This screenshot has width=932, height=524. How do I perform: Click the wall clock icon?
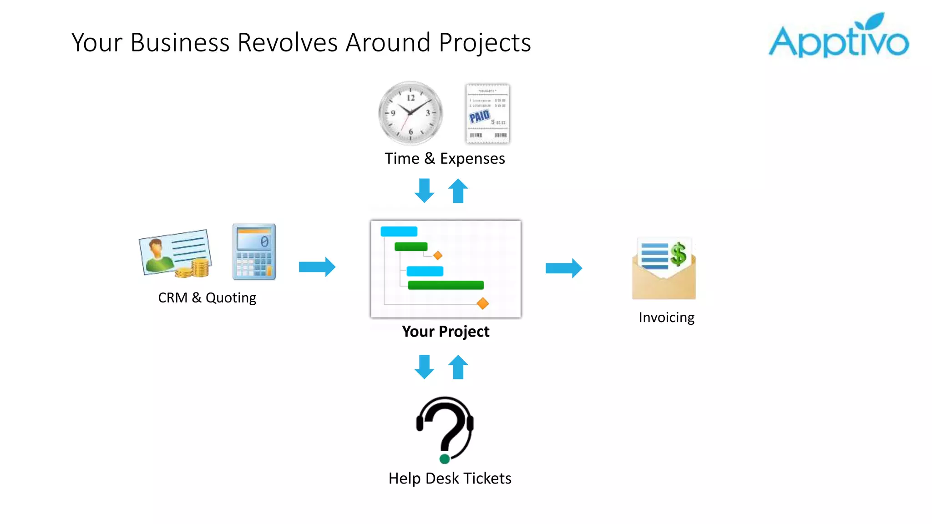click(410, 113)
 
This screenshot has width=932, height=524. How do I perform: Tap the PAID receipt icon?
click(487, 114)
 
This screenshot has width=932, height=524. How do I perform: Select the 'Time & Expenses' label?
click(445, 158)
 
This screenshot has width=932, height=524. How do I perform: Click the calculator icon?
click(254, 252)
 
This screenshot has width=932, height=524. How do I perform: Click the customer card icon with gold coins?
click(175, 253)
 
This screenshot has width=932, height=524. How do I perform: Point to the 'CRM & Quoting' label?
click(207, 297)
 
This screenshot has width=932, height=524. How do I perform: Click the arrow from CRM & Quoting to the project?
click(317, 267)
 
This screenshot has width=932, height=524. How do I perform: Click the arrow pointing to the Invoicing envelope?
click(563, 268)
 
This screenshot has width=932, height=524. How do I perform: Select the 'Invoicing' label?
click(666, 317)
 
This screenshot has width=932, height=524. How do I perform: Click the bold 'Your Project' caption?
click(446, 331)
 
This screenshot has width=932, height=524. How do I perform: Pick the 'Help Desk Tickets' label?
click(450, 478)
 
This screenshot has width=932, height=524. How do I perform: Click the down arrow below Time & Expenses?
click(424, 190)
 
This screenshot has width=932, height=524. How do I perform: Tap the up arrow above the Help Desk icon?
click(458, 367)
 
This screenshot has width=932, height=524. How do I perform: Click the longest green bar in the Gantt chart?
click(446, 285)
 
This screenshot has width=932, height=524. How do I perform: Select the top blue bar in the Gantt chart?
click(399, 232)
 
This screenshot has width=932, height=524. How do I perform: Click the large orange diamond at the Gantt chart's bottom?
click(482, 303)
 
